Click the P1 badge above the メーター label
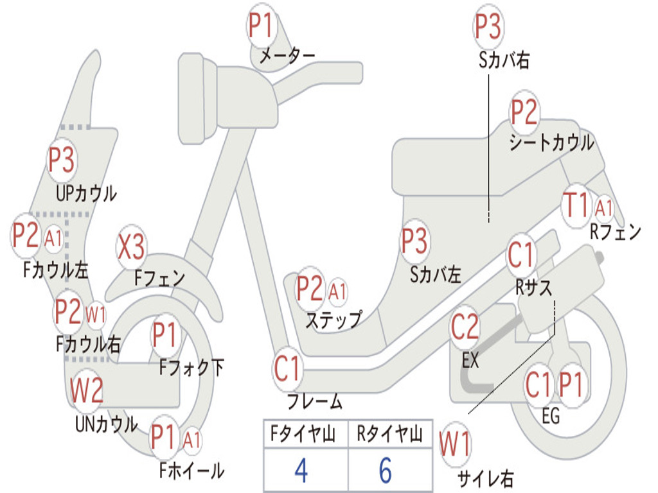[x=262, y=26]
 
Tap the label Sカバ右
[x=504, y=60]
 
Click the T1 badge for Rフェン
[x=575, y=206]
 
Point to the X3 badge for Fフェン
[x=132, y=248]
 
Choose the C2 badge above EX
[x=465, y=328]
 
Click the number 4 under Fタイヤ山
[x=301, y=471]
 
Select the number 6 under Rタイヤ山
[x=385, y=471]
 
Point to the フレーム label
[x=315, y=402]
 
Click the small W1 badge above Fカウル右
[x=96, y=315]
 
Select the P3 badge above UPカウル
[x=62, y=161]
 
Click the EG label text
[x=551, y=416]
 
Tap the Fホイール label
[x=191, y=471]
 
